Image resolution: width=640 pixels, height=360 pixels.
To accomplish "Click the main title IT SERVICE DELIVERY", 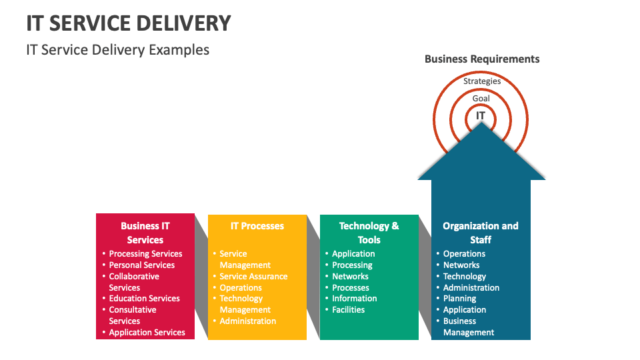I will pos(129,23).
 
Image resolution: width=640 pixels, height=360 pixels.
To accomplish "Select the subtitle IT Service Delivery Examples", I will pos(117,50).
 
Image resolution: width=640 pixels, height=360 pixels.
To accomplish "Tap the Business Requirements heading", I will pos(482,59).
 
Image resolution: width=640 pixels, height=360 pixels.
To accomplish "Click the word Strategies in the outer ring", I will pos(482,81).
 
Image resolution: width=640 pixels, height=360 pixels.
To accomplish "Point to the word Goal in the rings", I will pos(481,98).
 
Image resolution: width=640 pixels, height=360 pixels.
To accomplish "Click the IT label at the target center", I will pos(481,116).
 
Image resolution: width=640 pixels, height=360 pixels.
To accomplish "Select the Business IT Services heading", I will pos(145,233).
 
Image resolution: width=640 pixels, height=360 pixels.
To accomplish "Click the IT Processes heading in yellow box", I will pos(257,226).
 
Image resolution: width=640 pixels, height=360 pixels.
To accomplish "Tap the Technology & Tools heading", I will pos(369,233).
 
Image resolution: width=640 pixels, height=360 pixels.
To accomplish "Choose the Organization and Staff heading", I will pos(481,233).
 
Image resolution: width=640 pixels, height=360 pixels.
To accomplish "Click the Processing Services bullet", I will pos(145,254).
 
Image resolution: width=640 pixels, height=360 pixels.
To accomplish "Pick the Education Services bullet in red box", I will pos(144,299).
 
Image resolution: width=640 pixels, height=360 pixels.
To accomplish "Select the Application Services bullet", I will pos(147,332).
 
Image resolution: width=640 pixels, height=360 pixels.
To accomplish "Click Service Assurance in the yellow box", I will pos(253,277).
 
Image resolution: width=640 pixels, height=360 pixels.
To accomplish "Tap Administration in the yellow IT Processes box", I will pos(247,321).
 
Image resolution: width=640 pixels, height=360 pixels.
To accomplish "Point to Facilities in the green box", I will pos(349,310).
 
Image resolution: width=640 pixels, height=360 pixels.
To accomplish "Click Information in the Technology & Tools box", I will pos(354,299).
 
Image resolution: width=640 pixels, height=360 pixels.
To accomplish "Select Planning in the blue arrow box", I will pos(459,299).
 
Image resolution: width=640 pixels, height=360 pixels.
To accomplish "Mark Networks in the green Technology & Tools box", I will pos(350,277).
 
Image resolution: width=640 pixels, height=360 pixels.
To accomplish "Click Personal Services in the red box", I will pos(141,265).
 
